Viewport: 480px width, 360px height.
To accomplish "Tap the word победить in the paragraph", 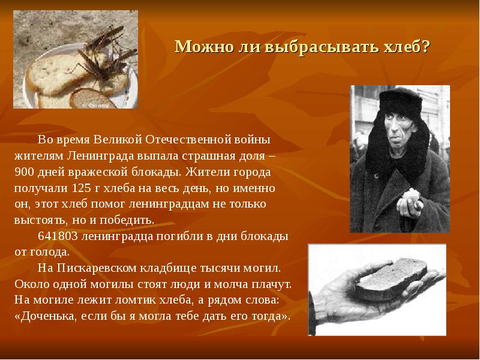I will coord(130,220).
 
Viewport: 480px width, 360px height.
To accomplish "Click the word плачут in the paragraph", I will coord(271,284).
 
